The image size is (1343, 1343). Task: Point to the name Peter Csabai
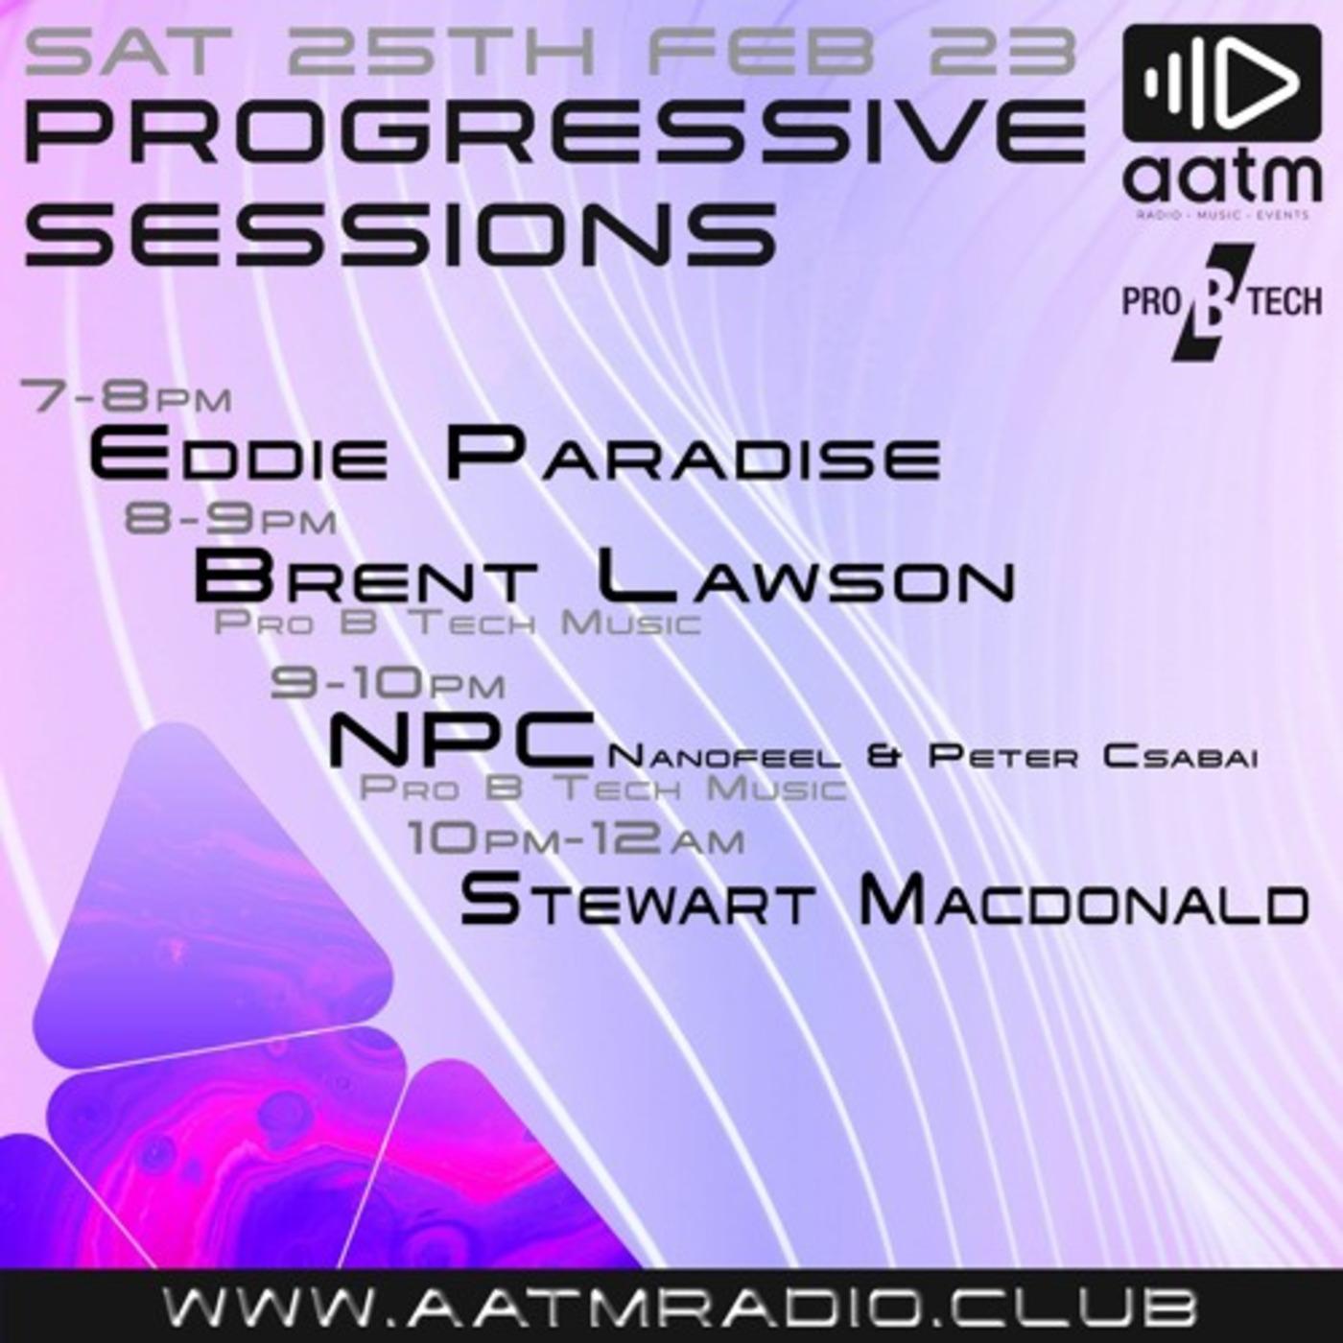(1092, 756)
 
